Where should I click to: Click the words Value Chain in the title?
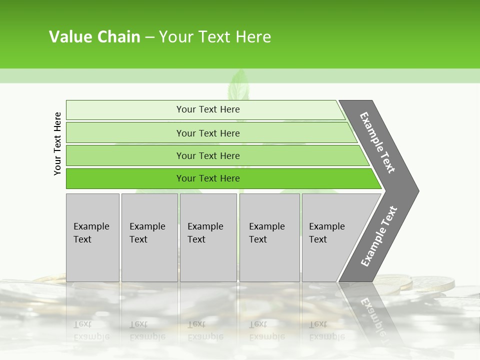[x=94, y=37]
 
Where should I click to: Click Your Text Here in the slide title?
[x=215, y=37]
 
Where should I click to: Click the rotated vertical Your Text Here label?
[x=57, y=143]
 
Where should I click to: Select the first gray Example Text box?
[x=92, y=237]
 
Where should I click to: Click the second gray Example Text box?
[x=149, y=237]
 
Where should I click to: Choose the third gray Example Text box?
[x=208, y=237]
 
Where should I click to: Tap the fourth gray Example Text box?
[x=269, y=237]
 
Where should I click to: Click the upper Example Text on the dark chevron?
[x=377, y=142]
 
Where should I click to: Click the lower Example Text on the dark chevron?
[x=379, y=236]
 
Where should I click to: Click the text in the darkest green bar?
[x=208, y=178]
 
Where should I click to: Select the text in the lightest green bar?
[x=208, y=109]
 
